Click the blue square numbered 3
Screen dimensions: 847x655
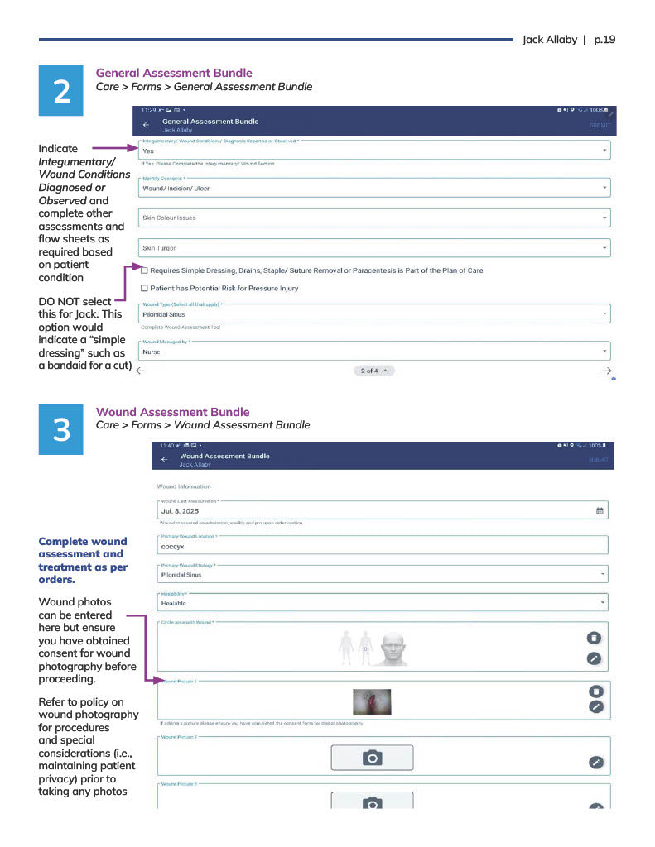coord(61,429)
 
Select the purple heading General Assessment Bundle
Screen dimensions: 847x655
coord(174,73)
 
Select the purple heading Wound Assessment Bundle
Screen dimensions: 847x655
coord(172,412)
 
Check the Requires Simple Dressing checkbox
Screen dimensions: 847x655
coord(144,270)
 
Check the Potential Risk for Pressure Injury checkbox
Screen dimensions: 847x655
coord(144,289)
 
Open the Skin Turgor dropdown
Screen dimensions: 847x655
coord(375,247)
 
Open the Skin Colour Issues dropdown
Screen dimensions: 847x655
coord(375,218)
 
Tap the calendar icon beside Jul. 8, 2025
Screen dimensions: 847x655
coord(600,511)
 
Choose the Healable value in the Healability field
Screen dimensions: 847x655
coord(176,603)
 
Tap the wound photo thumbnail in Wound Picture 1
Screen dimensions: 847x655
coord(371,701)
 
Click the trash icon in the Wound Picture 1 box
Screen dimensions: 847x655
coord(595,691)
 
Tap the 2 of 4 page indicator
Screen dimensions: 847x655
coord(374,371)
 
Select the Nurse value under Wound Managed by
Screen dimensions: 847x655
coord(152,352)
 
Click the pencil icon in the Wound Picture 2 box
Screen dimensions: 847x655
coord(595,763)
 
